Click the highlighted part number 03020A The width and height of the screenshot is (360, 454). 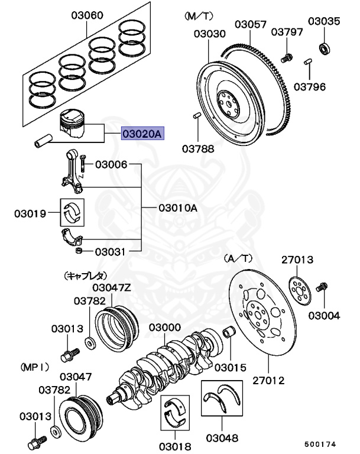(141, 134)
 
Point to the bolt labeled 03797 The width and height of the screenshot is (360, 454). (287, 57)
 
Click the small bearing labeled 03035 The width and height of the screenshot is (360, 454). (325, 46)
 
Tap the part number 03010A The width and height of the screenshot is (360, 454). (178, 208)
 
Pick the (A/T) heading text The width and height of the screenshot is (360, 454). (238, 259)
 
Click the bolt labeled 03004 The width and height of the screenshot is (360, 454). (323, 288)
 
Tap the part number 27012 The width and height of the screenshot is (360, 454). (268, 380)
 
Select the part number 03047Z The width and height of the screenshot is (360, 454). (111, 288)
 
